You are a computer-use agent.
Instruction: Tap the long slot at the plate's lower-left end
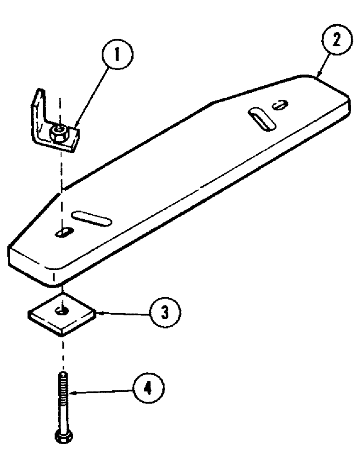92,217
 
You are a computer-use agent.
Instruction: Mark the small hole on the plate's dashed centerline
62,232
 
